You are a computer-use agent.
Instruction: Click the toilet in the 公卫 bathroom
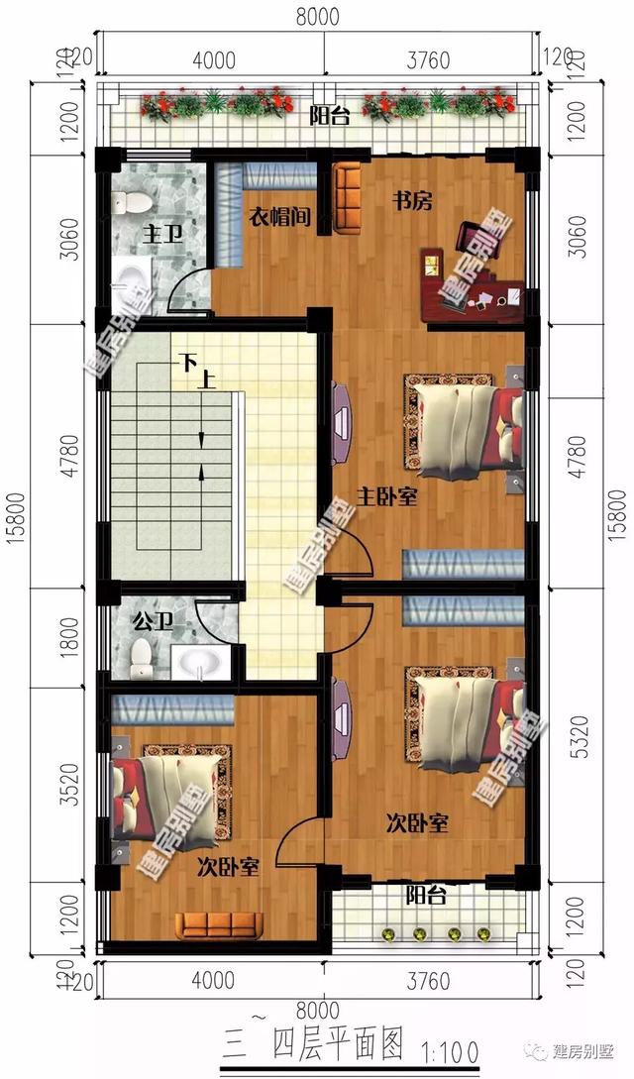[x=143, y=656]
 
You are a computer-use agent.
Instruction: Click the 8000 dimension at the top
[x=317, y=17]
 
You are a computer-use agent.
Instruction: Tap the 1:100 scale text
[x=453, y=1047]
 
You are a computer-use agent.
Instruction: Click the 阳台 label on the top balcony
[x=329, y=118]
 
